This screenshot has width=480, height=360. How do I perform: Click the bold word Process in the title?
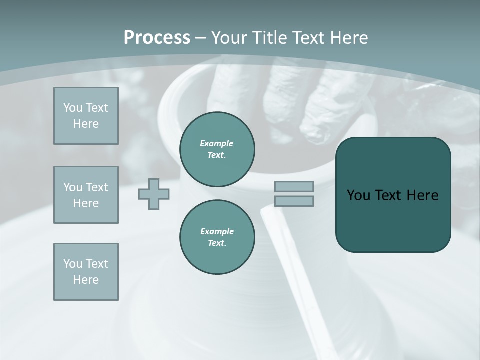(x=157, y=38)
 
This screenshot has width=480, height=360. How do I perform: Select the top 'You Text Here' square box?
(x=86, y=116)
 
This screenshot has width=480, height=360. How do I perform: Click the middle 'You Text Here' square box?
(x=86, y=195)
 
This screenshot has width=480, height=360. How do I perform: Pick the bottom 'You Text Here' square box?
(x=86, y=272)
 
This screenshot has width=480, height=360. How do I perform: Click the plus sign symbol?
(x=154, y=194)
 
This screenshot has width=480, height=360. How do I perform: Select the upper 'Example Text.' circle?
(x=217, y=149)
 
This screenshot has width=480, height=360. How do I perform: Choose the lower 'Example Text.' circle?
(x=217, y=237)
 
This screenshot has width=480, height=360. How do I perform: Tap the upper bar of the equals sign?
(x=294, y=186)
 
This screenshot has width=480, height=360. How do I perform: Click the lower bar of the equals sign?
(x=294, y=201)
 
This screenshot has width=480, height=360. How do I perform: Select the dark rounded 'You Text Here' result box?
(x=393, y=195)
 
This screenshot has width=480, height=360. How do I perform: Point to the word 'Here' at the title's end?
(x=349, y=38)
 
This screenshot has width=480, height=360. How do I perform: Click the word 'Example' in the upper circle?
(x=217, y=143)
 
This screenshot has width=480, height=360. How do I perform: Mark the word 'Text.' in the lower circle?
(x=217, y=243)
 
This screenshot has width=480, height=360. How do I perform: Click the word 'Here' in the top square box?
(x=86, y=124)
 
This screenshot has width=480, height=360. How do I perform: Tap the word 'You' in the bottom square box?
(x=72, y=264)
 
